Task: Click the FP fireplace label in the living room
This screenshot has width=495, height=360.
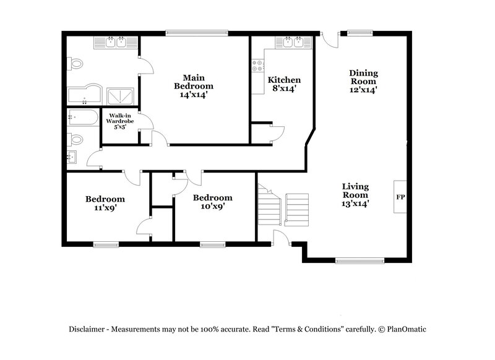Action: pos(400,197)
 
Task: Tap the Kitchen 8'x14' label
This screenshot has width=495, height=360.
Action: pos(284,84)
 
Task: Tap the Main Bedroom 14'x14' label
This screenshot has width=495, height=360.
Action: pos(193,86)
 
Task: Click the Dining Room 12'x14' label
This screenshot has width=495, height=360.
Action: pos(363,81)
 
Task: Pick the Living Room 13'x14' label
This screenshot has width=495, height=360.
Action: pos(356,195)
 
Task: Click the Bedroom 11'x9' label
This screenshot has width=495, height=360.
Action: pos(105,204)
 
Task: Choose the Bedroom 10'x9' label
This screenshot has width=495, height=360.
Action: pos(212,202)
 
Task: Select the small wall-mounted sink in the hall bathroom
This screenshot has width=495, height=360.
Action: pos(71,157)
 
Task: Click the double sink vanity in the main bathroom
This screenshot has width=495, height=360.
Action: pos(116,42)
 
